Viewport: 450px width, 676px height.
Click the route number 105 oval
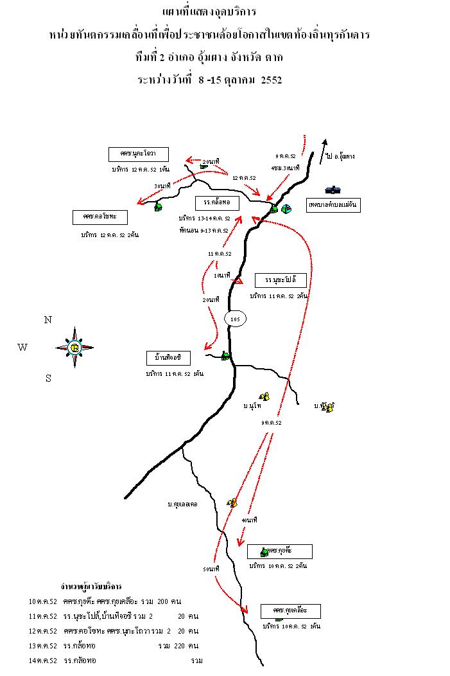(x=235, y=319)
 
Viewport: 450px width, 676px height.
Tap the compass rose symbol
(x=74, y=348)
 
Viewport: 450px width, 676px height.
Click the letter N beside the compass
(x=48, y=319)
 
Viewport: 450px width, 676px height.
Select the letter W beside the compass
(x=22, y=348)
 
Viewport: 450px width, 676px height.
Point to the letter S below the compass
(x=48, y=378)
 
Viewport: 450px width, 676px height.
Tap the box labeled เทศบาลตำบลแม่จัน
(x=333, y=205)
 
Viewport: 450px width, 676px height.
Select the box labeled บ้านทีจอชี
(x=169, y=357)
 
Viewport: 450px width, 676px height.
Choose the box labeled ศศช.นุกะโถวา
(x=139, y=154)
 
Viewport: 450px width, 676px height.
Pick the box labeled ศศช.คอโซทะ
(x=100, y=217)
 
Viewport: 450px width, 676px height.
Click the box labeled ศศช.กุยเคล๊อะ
(x=290, y=610)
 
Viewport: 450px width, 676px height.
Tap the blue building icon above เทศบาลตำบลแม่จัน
(x=333, y=190)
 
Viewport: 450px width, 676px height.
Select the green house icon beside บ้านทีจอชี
(x=225, y=355)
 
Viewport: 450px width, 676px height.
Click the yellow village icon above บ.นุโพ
(x=263, y=396)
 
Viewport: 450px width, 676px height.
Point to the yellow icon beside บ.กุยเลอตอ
(x=232, y=502)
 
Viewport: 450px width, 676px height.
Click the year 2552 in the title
(x=272, y=80)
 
